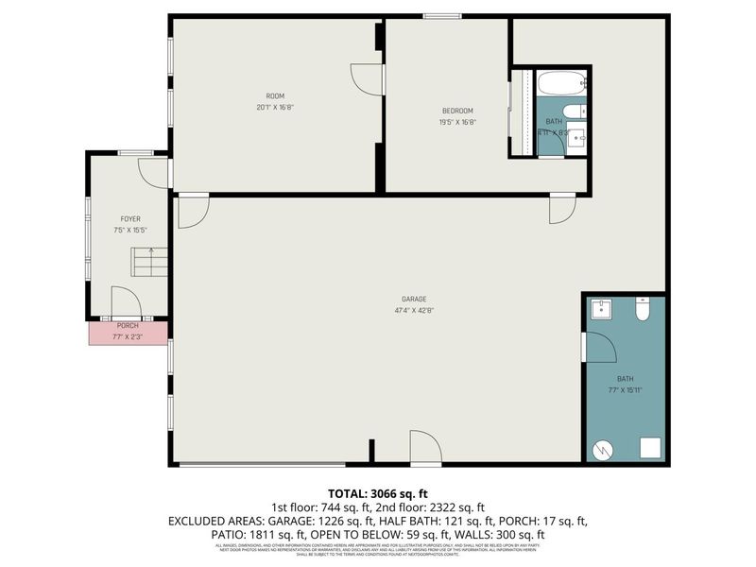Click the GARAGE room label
(x=414, y=298)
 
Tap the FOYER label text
(x=130, y=218)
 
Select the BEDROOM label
(x=457, y=111)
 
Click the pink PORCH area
(x=129, y=332)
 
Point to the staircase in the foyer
(x=149, y=261)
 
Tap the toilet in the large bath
(x=643, y=309)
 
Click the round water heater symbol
(x=602, y=450)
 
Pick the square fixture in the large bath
(x=648, y=448)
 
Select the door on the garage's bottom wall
(x=426, y=448)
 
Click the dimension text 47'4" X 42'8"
(x=414, y=310)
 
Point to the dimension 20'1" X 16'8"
(x=274, y=107)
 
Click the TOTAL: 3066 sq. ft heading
(x=378, y=493)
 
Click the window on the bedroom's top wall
(x=442, y=15)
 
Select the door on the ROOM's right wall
(x=369, y=79)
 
